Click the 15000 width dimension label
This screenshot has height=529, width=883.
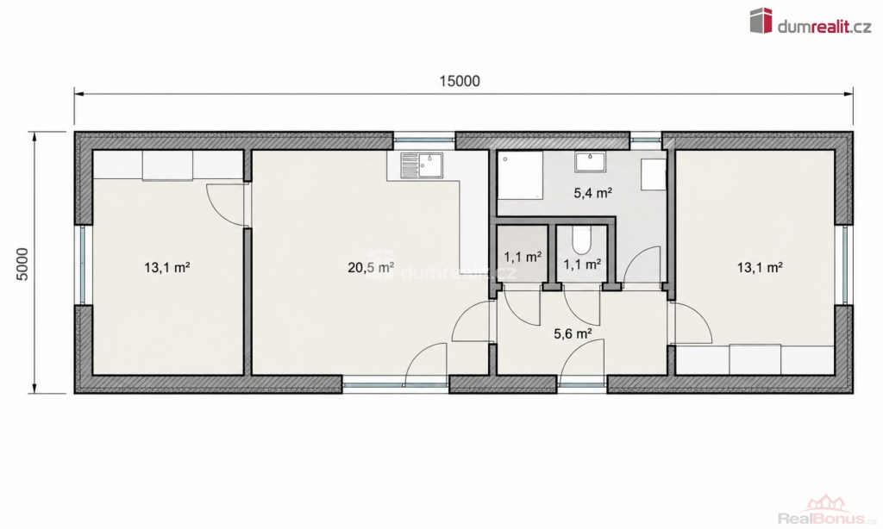coord(460,81)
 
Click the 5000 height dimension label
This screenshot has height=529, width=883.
coord(22,264)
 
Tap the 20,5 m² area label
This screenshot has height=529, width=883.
coord(371,267)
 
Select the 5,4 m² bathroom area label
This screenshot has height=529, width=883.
coord(593,193)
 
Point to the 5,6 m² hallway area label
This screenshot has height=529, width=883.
coord(573,333)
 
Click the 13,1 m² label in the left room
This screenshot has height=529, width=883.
coord(166,267)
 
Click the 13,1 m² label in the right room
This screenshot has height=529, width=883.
coord(760,267)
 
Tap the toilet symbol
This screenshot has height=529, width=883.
coord(580,240)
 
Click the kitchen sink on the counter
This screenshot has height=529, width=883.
coord(422,165)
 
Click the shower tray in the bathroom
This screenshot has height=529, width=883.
coord(520,174)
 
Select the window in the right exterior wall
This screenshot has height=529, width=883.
coord(844,265)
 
